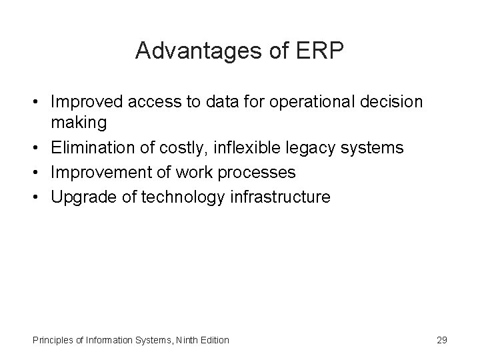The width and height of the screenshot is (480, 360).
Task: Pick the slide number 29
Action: tap(441, 340)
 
